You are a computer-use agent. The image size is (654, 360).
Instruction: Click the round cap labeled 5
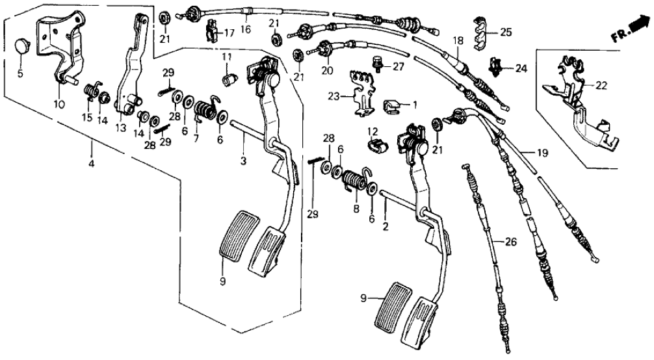23,46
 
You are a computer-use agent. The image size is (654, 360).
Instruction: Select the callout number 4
92,164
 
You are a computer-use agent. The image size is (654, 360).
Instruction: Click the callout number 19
542,153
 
